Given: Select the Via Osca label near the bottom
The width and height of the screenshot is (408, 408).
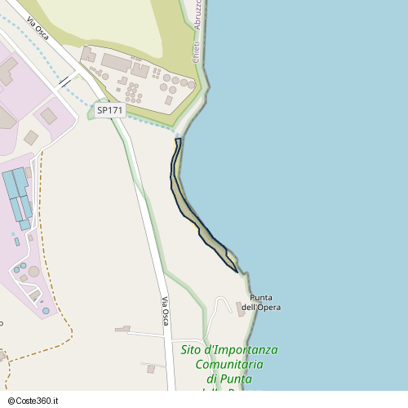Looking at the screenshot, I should [166, 312].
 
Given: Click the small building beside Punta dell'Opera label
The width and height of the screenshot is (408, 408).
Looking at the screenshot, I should [241, 308].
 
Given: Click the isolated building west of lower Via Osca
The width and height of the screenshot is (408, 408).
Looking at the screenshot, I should [122, 329].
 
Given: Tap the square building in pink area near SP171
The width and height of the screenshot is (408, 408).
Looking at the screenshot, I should [49, 116].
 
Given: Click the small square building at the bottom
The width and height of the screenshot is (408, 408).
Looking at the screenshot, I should [151, 369].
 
